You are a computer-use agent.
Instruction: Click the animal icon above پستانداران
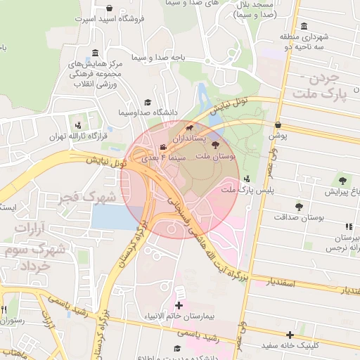[190, 129]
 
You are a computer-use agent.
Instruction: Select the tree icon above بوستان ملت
[216, 143]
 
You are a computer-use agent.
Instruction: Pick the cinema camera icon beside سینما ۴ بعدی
[163, 147]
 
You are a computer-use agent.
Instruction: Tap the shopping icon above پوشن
[278, 124]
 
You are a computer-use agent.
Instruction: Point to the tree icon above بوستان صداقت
[300, 207]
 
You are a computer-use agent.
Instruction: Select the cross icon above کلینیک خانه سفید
[290, 335]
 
